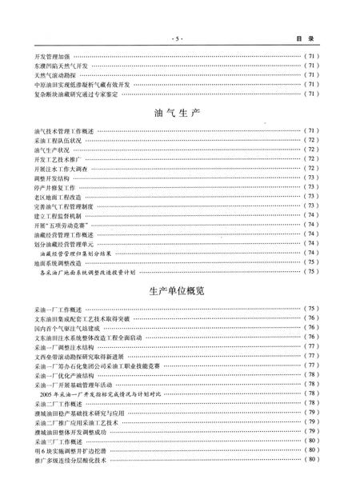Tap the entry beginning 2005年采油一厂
105,394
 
